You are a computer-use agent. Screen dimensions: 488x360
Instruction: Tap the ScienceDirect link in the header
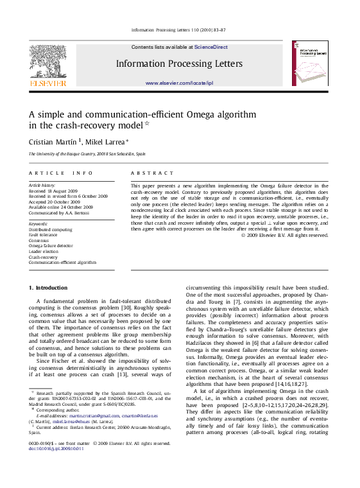(x=210, y=47)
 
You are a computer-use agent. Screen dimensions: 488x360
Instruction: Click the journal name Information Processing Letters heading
(x=179, y=64)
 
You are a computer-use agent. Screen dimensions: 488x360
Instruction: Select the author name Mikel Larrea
(x=106, y=141)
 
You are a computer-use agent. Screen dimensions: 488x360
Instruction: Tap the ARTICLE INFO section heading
(x=56, y=173)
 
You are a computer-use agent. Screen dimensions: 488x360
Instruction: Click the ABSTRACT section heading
(x=152, y=173)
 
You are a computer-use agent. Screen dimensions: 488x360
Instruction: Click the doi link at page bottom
(x=56, y=448)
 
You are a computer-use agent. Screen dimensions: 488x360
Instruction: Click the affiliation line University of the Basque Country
(x=86, y=154)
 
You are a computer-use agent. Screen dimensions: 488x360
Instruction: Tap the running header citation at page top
(x=179, y=30)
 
